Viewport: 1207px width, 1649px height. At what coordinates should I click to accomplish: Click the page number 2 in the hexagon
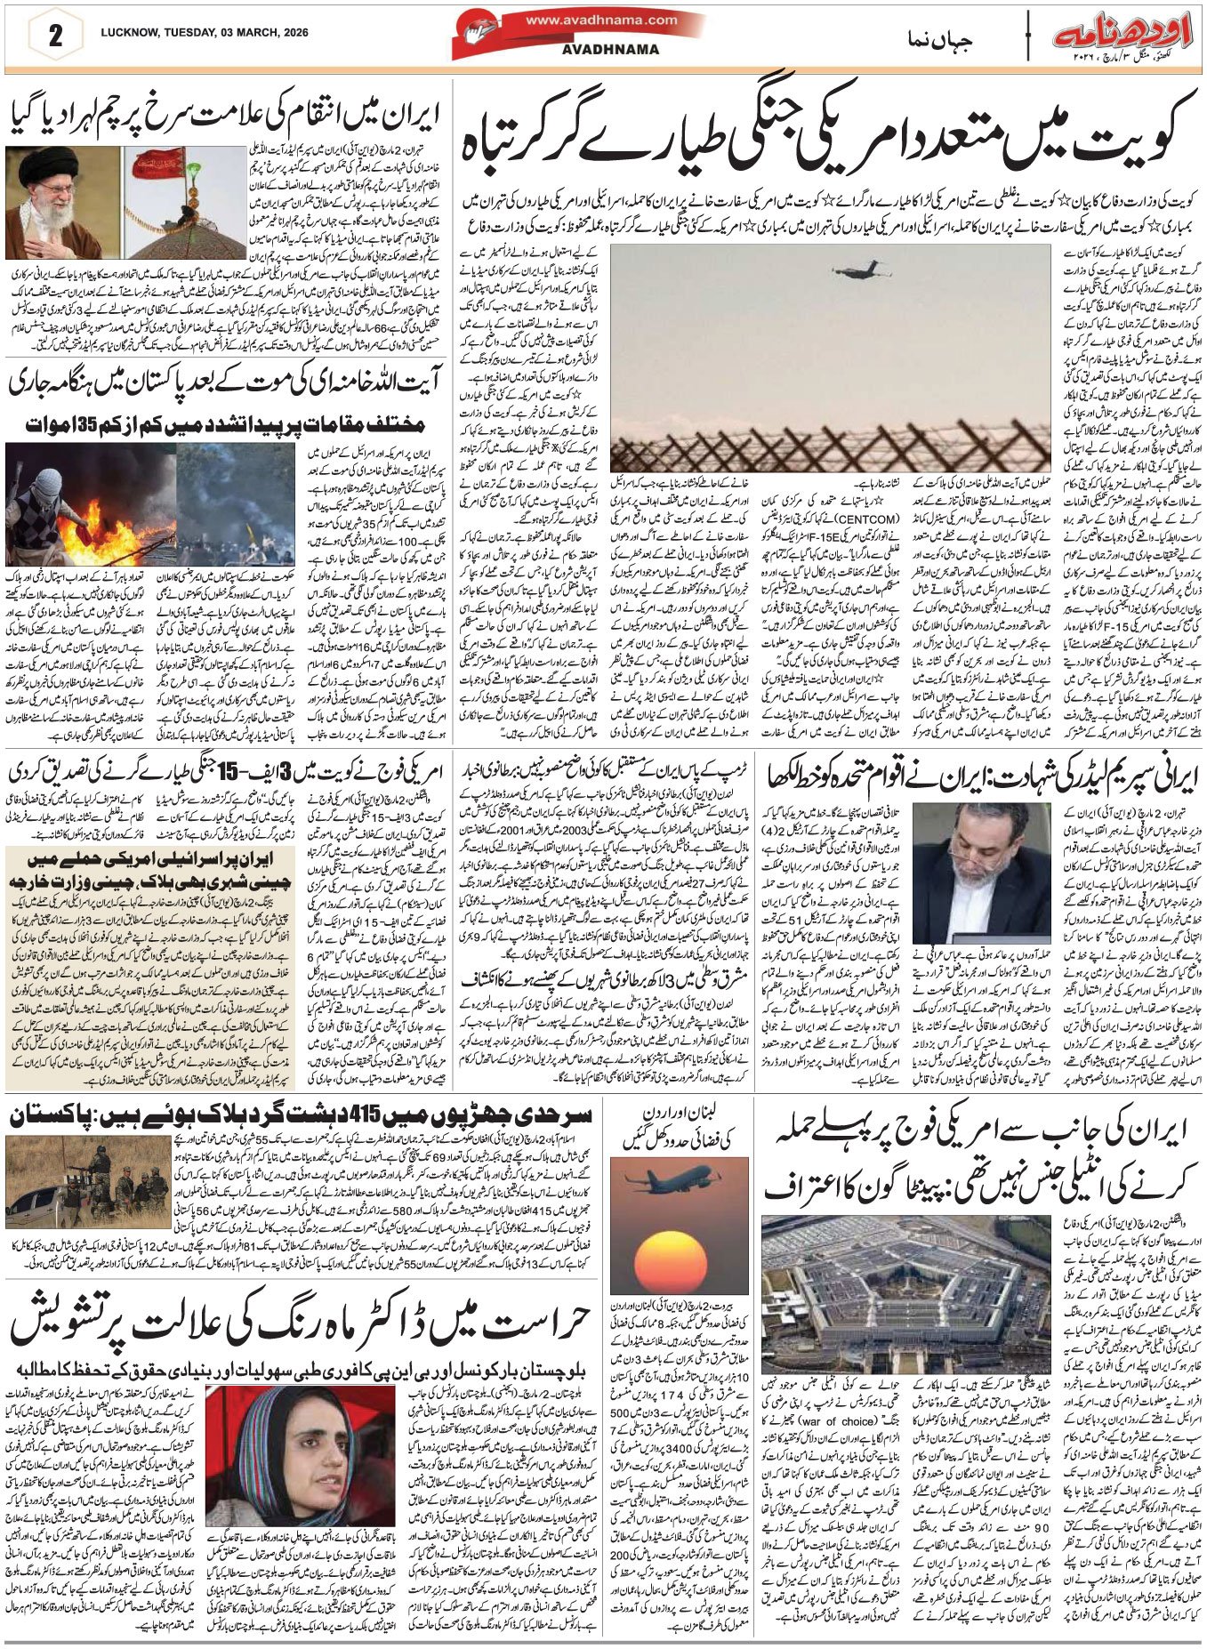[x=55, y=36]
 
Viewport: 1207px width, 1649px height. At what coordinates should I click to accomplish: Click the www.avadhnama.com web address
[x=600, y=20]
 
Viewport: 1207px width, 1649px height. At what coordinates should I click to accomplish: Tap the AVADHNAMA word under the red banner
[x=601, y=51]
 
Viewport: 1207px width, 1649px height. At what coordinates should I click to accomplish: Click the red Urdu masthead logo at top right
[x=1125, y=36]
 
